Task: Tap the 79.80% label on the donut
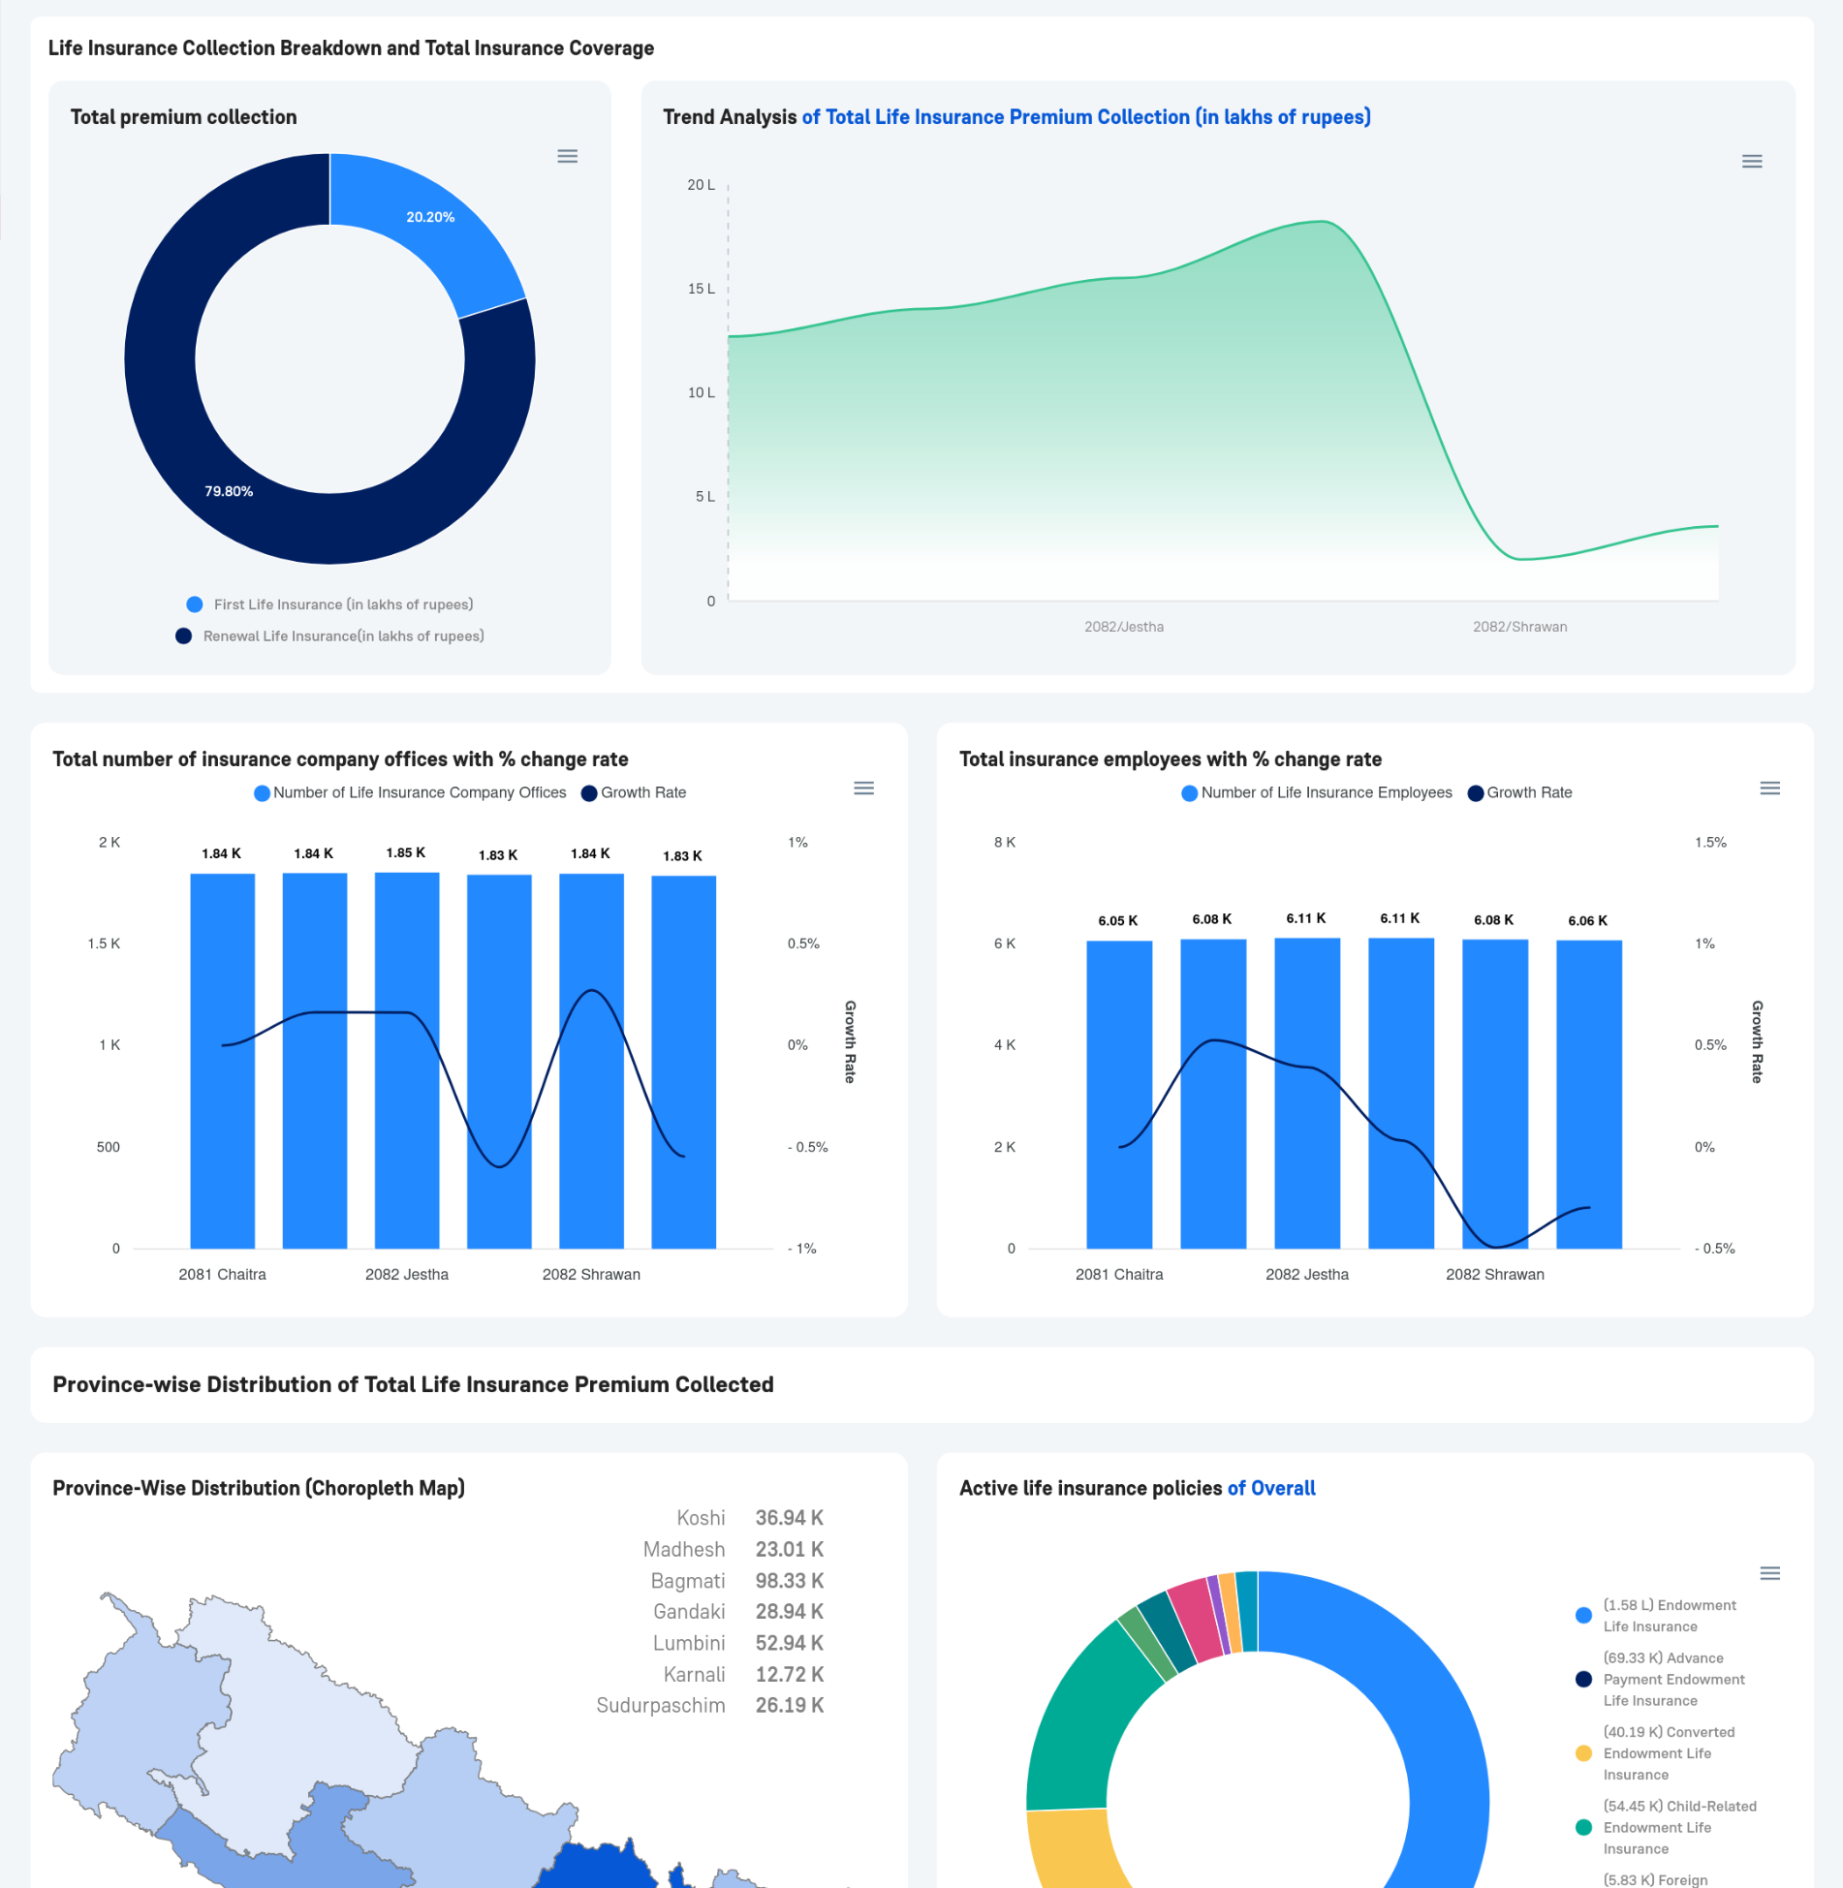click(x=229, y=492)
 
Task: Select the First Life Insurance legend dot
click(x=195, y=604)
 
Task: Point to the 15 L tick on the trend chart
click(x=701, y=289)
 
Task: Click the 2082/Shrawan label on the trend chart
click(x=1519, y=627)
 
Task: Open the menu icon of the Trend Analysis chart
click(x=1751, y=162)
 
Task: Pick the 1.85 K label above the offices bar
click(x=405, y=852)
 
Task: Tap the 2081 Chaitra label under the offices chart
click(x=222, y=1274)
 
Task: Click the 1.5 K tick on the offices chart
click(x=104, y=944)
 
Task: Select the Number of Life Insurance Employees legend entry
click(x=1326, y=792)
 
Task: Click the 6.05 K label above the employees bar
click(x=1117, y=920)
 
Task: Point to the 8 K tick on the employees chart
click(x=1004, y=842)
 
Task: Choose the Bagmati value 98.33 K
click(x=789, y=1581)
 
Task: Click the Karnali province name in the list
click(x=694, y=1674)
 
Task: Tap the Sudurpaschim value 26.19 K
click(x=789, y=1705)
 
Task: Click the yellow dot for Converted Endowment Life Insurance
click(x=1583, y=1753)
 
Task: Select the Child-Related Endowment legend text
click(x=1679, y=1827)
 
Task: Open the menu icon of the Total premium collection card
click(x=568, y=157)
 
